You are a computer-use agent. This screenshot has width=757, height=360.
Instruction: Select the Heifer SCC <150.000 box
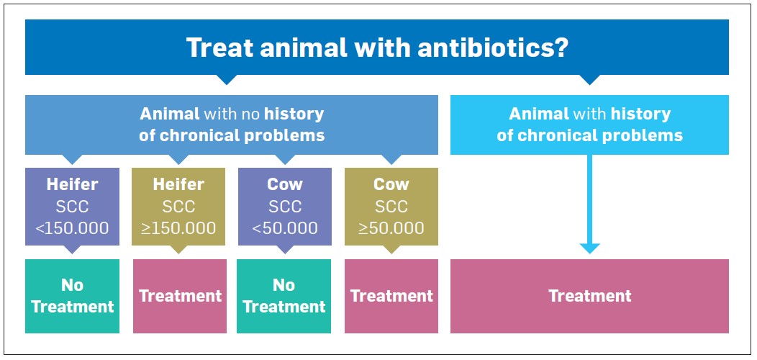pos(73,207)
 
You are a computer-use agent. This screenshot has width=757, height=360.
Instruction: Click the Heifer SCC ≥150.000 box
pos(178,207)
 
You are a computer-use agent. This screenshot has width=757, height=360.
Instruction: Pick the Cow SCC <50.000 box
pos(285,207)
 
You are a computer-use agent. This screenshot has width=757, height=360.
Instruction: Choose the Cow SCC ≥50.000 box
pos(391,207)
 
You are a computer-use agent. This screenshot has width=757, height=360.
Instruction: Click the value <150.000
pos(73,228)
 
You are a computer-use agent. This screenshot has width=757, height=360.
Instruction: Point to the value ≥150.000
pos(178,228)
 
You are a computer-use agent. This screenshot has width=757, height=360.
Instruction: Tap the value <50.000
pos(285,228)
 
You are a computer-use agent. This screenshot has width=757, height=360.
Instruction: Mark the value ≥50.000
pos(391,228)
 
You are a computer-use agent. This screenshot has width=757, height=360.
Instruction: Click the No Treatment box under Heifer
pos(73,296)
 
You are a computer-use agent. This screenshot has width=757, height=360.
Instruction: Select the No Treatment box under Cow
pos(284,296)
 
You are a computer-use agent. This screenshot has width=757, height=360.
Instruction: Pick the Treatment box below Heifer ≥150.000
pos(180,296)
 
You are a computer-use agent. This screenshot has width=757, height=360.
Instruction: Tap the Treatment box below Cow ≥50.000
pos(391,296)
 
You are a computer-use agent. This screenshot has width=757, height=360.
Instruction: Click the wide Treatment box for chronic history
pos(589,296)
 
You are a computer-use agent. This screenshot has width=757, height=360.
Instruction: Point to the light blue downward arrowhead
pos(589,248)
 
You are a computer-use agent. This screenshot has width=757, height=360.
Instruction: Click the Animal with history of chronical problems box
pos(589,125)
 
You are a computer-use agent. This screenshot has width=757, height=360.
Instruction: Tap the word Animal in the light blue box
pos(539,114)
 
